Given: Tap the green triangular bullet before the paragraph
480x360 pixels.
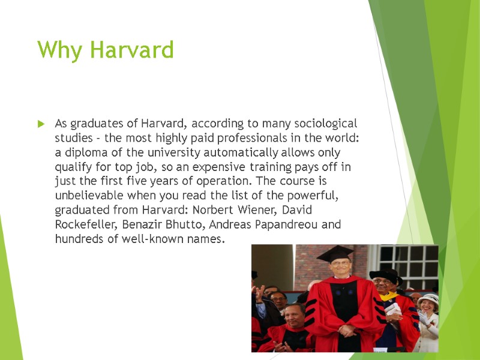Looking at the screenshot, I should (x=41, y=124).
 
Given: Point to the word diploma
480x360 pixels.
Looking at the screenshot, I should (x=83, y=152).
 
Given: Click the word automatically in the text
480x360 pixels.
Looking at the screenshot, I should (x=229, y=152).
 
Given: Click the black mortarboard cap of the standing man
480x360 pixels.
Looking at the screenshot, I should (x=335, y=254).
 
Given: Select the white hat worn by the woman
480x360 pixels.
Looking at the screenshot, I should (x=428, y=301).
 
